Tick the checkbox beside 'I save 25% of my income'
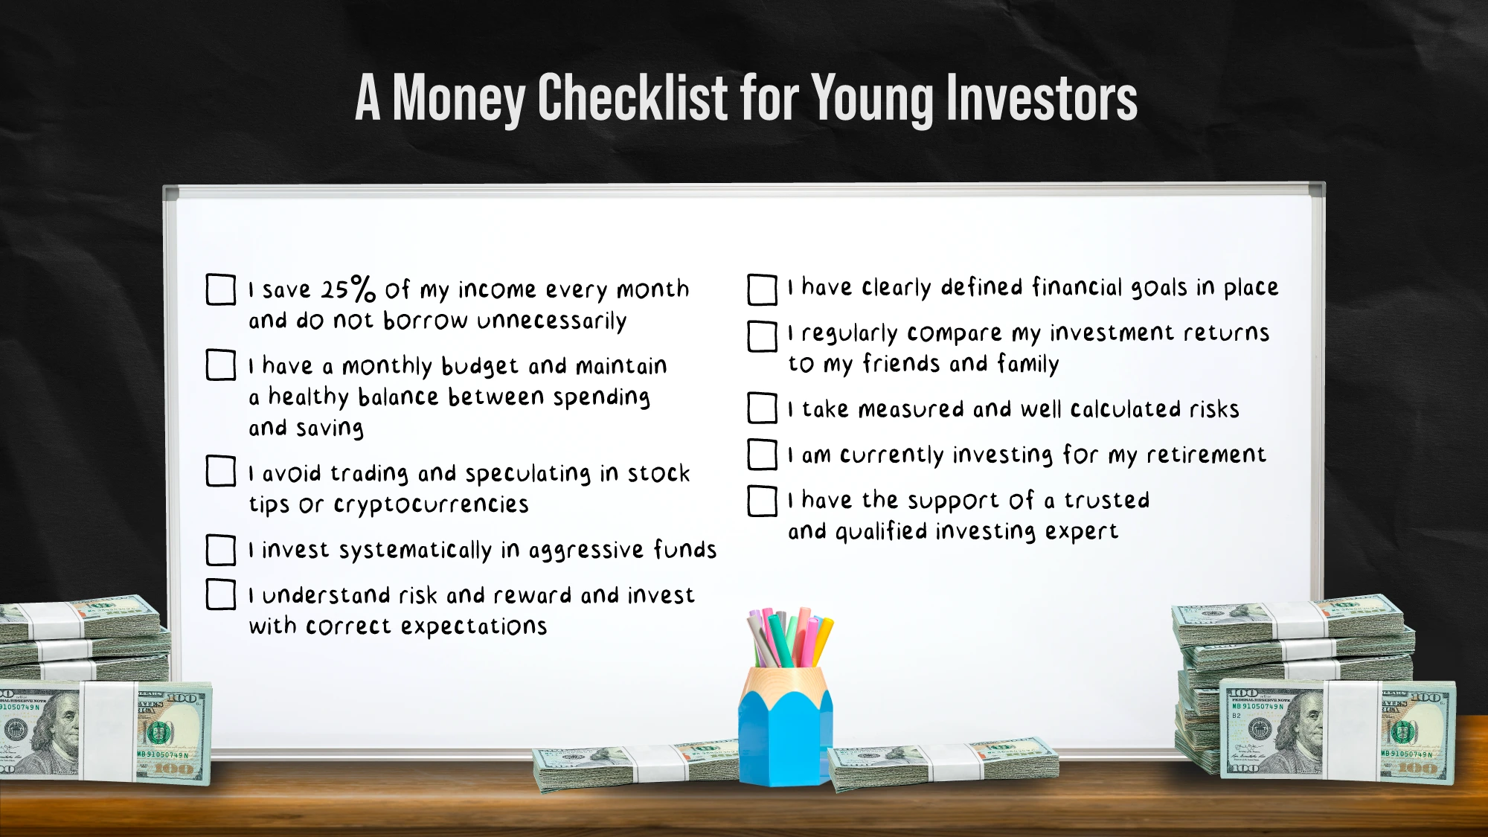coord(221,289)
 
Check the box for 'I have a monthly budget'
coord(221,365)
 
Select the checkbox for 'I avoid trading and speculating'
coord(221,472)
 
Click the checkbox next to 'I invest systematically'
coord(221,551)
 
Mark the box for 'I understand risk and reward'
coord(221,594)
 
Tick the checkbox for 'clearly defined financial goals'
coord(763,289)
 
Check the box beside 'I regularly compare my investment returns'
coord(763,336)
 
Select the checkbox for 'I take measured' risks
coord(763,408)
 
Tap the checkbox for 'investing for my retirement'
coord(763,455)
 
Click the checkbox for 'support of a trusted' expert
coord(763,501)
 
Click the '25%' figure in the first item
coord(348,289)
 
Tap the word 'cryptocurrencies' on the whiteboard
coord(432,505)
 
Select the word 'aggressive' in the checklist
coord(586,551)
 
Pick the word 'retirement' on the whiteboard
coord(1206,455)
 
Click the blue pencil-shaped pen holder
coord(786,725)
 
